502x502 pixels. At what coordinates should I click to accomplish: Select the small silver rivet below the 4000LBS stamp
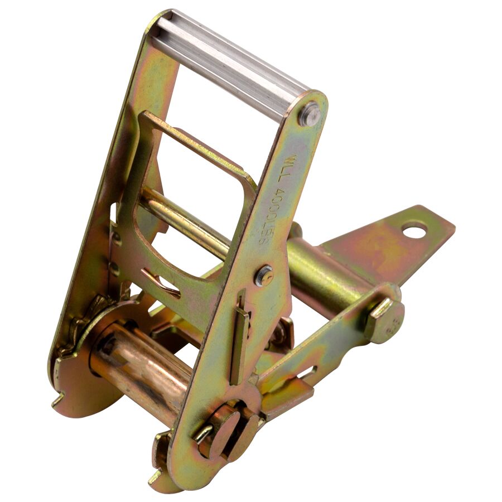pos(264,275)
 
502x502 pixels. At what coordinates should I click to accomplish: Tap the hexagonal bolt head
pos(385,321)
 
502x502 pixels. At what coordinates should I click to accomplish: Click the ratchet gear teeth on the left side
pos(84,324)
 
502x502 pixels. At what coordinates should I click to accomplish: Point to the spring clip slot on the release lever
pos(162,282)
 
